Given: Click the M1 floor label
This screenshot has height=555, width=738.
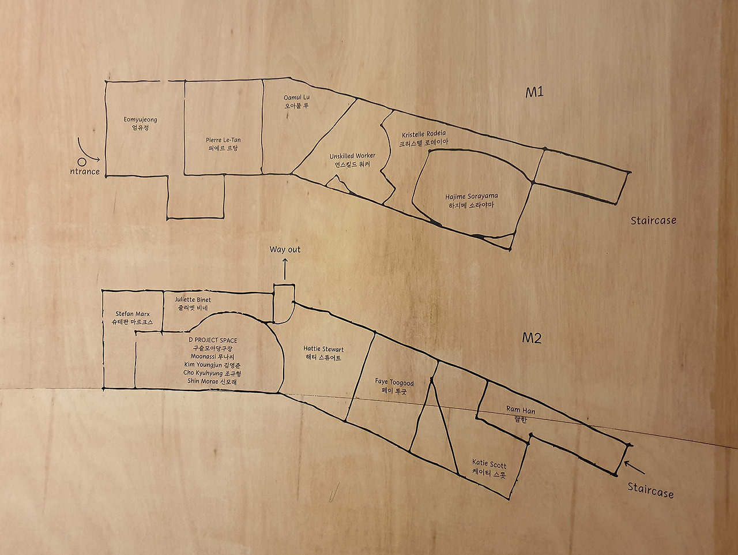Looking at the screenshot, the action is [x=534, y=93].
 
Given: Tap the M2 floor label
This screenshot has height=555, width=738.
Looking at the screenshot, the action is [x=532, y=337].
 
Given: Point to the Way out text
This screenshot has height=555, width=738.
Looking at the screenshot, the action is [x=285, y=249].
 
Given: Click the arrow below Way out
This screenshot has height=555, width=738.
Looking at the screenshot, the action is [x=285, y=269].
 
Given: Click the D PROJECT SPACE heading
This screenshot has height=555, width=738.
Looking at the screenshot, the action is [x=213, y=340].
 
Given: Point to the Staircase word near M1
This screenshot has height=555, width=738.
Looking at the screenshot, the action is [x=653, y=220].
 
